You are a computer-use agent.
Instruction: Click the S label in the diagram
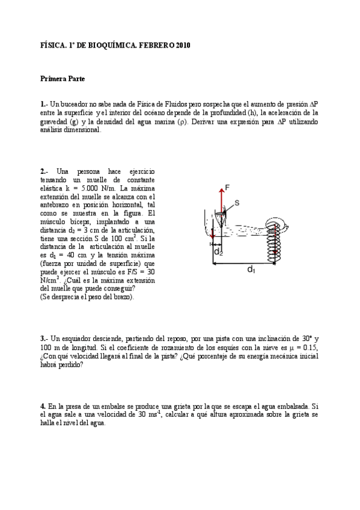pyautogui.click(x=236, y=203)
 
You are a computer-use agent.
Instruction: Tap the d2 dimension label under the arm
pyautogui.click(x=219, y=253)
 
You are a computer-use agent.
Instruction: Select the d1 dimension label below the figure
pyautogui.click(x=251, y=270)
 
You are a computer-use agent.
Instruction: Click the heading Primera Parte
pyautogui.click(x=63, y=78)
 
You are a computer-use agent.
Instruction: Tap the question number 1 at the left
pyautogui.click(x=43, y=103)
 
